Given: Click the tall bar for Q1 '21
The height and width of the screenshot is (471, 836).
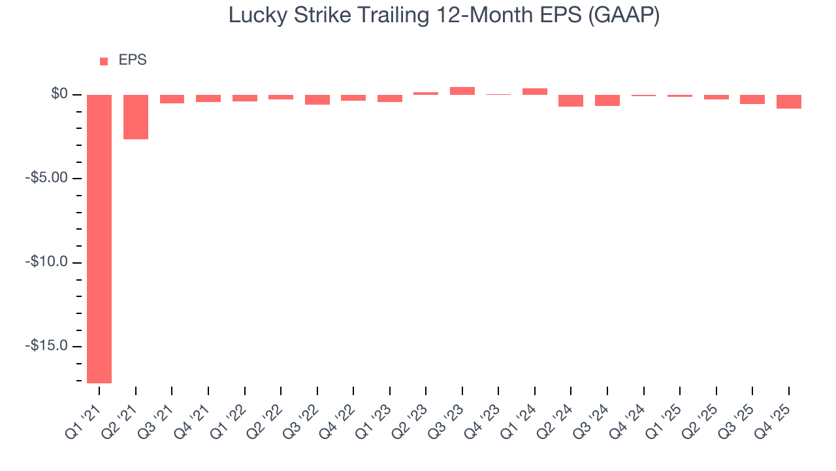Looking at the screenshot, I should pyautogui.click(x=99, y=238).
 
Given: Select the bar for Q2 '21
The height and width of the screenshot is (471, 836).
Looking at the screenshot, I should pyautogui.click(x=136, y=117).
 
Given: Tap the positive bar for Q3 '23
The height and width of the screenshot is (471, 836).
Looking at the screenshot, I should pyautogui.click(x=462, y=91).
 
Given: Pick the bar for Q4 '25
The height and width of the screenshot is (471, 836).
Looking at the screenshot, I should pyautogui.click(x=789, y=101).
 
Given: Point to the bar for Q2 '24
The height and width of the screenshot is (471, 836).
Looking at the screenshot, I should pyautogui.click(x=571, y=100).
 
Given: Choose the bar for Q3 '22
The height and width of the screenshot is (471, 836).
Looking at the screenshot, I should pyautogui.click(x=317, y=99).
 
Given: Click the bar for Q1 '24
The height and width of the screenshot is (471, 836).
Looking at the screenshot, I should pyautogui.click(x=535, y=92).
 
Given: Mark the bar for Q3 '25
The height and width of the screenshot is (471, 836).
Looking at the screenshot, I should pyautogui.click(x=752, y=99).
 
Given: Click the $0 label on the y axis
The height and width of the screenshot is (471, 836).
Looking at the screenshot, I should pyautogui.click(x=59, y=94).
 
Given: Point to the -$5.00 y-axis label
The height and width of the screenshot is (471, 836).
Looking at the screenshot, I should pyautogui.click(x=47, y=179).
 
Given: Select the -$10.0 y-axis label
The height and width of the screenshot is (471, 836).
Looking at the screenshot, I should pyautogui.click(x=47, y=262).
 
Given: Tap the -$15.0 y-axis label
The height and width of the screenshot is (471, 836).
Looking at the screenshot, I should pyautogui.click(x=47, y=346).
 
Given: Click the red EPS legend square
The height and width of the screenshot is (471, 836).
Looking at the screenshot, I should pyautogui.click(x=104, y=61).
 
